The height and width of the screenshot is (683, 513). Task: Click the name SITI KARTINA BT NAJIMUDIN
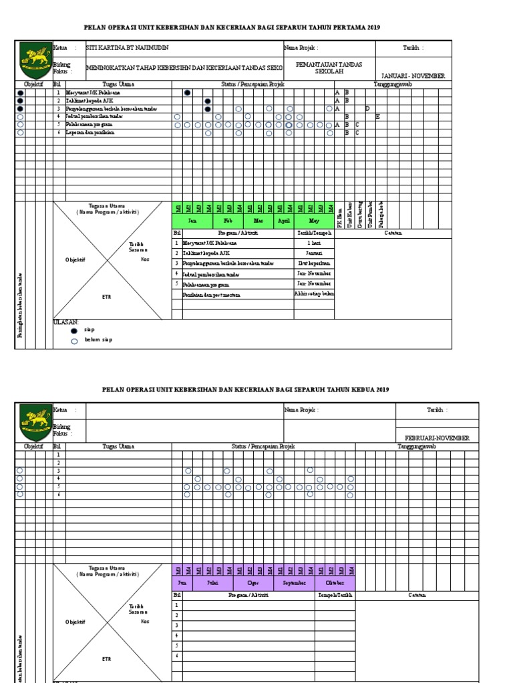128,48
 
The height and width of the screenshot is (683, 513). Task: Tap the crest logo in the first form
34,60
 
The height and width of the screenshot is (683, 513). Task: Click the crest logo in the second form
34,422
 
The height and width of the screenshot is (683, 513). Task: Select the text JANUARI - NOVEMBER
413,76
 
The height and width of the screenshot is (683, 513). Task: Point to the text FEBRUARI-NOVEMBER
437,438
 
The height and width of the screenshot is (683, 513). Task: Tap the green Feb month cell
228,220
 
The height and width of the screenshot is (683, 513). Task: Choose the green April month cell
283,220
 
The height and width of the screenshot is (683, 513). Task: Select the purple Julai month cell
213,582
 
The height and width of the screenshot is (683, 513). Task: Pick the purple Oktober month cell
335,582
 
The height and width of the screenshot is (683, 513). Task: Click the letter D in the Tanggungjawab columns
367,108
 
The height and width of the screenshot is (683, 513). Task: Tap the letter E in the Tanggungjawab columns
377,116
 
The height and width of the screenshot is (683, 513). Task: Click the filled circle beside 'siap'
75,329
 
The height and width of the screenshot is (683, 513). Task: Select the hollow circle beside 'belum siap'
75,341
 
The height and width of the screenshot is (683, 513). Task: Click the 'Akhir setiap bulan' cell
314,293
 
